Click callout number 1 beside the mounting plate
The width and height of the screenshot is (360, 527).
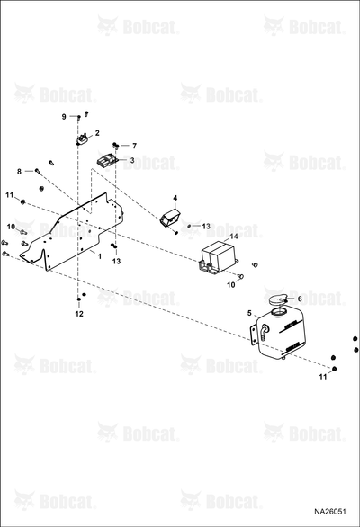[100, 256]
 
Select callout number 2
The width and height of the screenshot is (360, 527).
[97, 133]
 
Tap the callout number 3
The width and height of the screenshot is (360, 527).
[132, 160]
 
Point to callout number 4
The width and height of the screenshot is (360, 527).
[175, 198]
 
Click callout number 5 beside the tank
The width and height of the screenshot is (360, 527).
[249, 313]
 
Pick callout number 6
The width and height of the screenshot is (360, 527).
[300, 299]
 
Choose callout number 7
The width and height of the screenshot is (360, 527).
[135, 146]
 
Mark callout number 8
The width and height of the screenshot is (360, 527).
[19, 172]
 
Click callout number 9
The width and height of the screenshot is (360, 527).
[64, 117]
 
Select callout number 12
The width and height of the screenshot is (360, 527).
[79, 314]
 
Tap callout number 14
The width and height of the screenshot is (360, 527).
[234, 237]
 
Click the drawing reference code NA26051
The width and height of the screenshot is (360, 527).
[330, 512]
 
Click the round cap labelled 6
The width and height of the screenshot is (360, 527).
[278, 299]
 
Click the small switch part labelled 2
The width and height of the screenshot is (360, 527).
[83, 139]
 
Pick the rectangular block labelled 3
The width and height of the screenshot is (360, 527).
[107, 161]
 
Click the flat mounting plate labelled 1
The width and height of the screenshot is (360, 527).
[72, 232]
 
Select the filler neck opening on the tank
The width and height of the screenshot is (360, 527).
[278, 311]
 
